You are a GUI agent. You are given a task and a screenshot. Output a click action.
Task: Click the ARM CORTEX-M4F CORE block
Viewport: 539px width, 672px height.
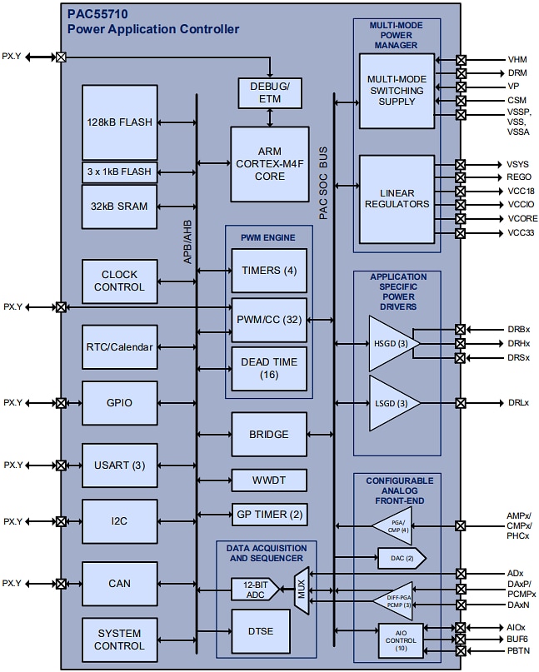(270, 163)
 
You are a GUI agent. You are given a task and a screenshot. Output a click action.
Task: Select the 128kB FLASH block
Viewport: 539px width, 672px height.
(119, 122)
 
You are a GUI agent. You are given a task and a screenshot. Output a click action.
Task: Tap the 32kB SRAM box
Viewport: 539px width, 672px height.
(119, 207)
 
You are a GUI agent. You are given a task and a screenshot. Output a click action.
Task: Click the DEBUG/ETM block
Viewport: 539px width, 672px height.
(270, 92)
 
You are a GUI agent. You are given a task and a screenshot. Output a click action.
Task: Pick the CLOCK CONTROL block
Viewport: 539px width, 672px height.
(119, 281)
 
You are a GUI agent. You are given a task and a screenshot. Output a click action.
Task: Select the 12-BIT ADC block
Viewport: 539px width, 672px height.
(254, 590)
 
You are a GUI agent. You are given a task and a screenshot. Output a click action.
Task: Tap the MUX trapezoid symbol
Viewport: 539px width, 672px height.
(302, 590)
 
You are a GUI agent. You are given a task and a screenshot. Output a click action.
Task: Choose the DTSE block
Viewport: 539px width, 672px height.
(261, 630)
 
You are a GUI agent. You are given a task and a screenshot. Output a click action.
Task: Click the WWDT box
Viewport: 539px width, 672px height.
(269, 480)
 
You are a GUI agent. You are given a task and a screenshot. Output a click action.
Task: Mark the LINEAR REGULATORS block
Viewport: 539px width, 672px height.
(397, 198)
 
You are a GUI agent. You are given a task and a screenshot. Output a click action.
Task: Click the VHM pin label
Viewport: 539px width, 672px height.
(517, 60)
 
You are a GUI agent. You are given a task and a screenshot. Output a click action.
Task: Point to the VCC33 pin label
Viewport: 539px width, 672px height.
(522, 232)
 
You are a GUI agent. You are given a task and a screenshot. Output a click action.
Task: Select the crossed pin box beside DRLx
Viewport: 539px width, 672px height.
(461, 403)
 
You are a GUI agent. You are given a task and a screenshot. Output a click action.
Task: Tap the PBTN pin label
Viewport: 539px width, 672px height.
(518, 650)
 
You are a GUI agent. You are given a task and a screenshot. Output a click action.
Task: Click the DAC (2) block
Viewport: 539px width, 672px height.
(401, 557)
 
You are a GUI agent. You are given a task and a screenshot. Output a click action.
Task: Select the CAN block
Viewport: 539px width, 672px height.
(119, 584)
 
